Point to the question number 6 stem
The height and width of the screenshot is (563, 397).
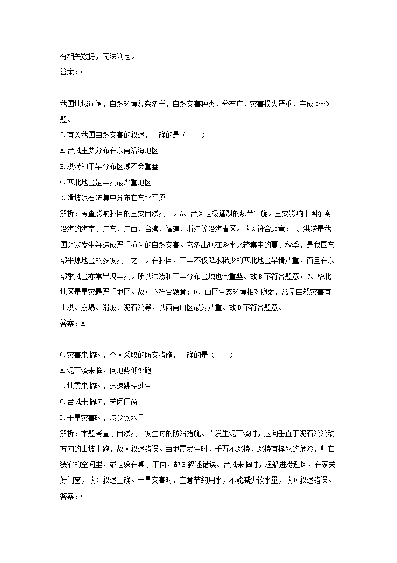click(135, 355)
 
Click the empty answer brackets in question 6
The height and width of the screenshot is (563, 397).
click(223, 355)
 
